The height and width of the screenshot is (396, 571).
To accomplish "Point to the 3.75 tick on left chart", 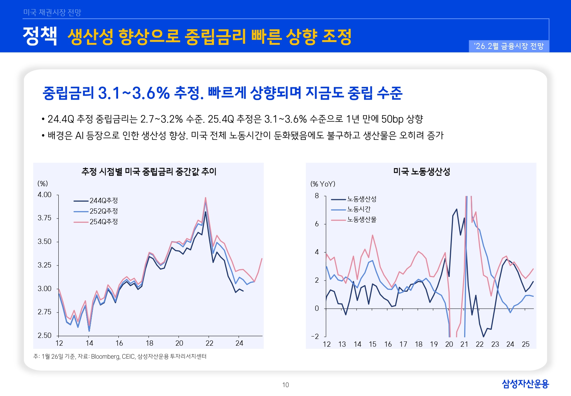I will tap(45, 218).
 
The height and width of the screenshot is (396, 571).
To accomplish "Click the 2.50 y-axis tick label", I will tap(45, 335).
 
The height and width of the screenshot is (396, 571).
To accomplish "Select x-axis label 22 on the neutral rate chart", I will tap(209, 343).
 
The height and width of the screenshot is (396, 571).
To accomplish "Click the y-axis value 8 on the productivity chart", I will tap(317, 196).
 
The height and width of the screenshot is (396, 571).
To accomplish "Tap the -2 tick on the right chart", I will tap(315, 337).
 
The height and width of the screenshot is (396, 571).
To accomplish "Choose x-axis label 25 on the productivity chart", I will tap(526, 344).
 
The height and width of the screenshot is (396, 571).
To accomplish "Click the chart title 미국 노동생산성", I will tap(421, 172).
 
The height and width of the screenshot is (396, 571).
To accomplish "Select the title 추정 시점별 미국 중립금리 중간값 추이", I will tap(149, 172).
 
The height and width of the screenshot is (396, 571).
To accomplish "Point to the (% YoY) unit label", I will tap(323, 184).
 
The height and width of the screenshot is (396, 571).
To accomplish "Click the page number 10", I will tap(285, 385).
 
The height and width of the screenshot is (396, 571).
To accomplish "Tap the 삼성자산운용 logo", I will tap(525, 384).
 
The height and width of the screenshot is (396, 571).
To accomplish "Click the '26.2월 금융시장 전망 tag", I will tap(508, 46).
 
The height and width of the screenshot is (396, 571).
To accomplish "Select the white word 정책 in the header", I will tap(40, 36).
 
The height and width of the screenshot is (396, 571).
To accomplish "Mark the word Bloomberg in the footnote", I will tap(105, 357).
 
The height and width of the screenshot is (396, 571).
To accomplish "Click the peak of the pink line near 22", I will tap(206, 198).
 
